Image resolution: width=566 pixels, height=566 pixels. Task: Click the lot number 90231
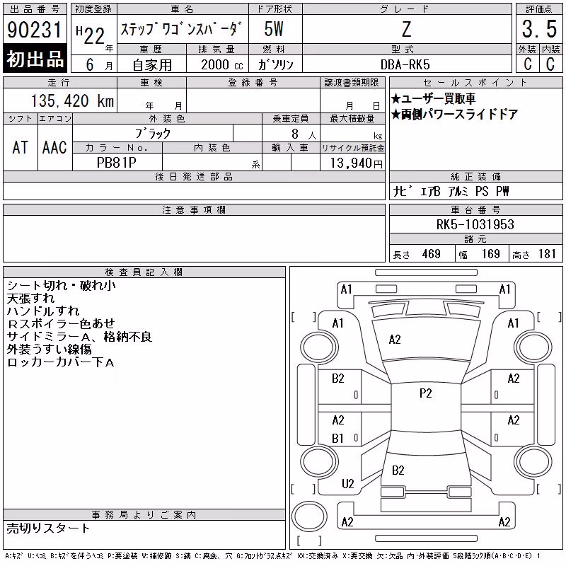[35, 30]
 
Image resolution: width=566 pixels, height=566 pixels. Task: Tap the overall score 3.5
[539, 29]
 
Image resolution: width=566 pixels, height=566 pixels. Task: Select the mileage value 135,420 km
[73, 100]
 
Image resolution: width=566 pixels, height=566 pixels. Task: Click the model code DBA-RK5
[405, 64]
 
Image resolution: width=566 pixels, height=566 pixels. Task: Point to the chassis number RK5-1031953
[475, 224]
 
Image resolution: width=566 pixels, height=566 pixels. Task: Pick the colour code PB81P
[117, 163]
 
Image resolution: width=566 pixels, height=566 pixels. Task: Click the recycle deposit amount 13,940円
[357, 163]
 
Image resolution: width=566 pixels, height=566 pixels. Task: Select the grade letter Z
[406, 29]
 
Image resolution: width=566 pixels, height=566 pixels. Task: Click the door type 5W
[274, 29]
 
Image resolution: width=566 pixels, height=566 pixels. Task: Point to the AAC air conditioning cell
[54, 147]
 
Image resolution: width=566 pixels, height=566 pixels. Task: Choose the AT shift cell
[21, 147]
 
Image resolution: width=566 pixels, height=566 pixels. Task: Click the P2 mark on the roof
[426, 393]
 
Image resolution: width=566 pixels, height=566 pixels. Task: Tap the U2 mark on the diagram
[348, 484]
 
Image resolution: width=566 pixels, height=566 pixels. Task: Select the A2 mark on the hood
[395, 340]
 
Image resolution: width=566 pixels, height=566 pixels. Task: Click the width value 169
[491, 254]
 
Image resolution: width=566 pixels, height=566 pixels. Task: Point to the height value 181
[547, 254]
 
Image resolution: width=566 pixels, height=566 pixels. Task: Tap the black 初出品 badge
[35, 58]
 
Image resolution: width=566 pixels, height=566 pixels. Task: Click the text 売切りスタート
[48, 528]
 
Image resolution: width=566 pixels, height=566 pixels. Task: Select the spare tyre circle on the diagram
[309, 516]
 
